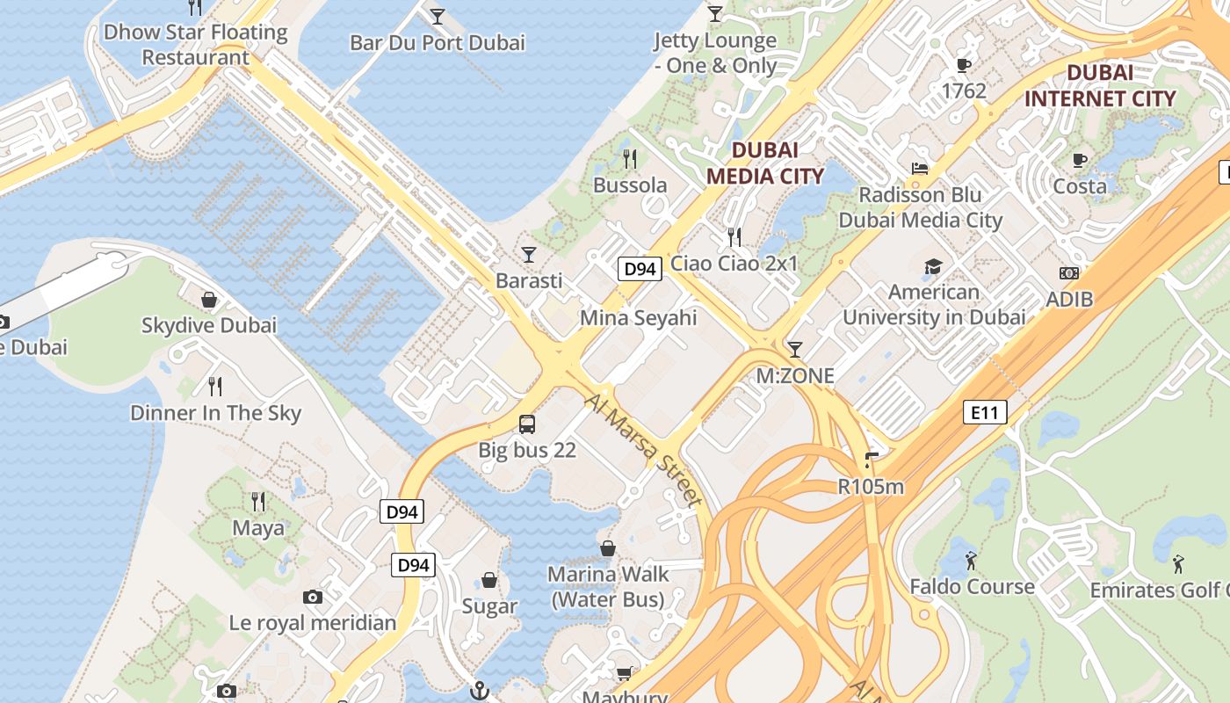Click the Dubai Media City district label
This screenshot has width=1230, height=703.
[765, 163]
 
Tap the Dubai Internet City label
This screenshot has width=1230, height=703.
[1099, 85]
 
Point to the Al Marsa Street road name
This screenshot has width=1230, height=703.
[644, 450]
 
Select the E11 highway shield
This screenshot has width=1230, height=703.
[984, 412]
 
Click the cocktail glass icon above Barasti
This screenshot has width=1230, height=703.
[528, 255]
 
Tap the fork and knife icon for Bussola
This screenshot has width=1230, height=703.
[629, 159]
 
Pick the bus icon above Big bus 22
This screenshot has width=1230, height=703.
[527, 424]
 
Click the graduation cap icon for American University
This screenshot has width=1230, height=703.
[933, 266]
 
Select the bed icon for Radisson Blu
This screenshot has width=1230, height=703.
[920, 169]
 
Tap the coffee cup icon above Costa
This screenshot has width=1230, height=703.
[1080, 160]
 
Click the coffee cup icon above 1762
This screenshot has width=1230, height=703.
[963, 65]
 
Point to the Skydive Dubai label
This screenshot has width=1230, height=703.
[209, 325]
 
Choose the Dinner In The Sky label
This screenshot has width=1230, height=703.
[215, 413]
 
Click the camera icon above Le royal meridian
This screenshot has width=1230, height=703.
[312, 598]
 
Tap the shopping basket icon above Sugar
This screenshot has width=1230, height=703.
[489, 581]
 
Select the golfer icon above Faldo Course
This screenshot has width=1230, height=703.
[971, 560]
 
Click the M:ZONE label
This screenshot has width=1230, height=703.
[795, 376]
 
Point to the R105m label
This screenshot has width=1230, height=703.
[871, 486]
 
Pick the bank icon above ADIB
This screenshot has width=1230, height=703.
[1069, 273]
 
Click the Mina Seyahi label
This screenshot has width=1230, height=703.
[638, 317]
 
